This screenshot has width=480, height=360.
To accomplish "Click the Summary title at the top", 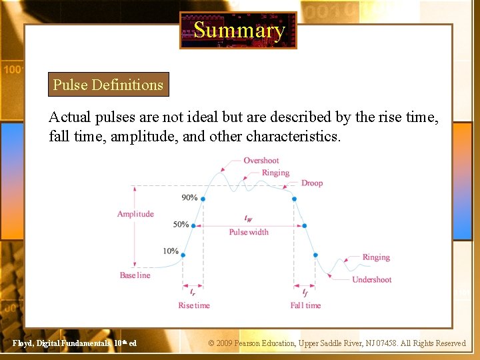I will (239, 30).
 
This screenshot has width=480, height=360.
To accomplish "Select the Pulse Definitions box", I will (108, 85).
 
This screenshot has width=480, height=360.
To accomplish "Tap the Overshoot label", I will (261, 161).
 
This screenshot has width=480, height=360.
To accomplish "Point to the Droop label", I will (312, 183).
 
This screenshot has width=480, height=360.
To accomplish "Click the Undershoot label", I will (372, 280).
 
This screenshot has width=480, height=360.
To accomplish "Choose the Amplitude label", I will (135, 214).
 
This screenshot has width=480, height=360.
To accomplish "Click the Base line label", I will (135, 275).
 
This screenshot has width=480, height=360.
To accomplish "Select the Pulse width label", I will (249, 232).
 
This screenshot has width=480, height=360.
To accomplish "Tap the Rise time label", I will (194, 305).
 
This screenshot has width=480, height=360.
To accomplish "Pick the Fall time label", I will (305, 305).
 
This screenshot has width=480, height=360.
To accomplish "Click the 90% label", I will (189, 198).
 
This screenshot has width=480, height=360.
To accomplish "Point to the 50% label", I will (181, 225).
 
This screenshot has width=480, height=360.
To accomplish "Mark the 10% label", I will (170, 251).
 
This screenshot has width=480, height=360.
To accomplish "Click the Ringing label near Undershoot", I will (376, 257).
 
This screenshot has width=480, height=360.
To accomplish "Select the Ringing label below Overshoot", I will (275, 173).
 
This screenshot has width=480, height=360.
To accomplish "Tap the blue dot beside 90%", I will (203, 199).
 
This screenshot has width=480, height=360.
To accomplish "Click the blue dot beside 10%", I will (183, 255).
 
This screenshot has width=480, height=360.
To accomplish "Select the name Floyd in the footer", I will (23, 343).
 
